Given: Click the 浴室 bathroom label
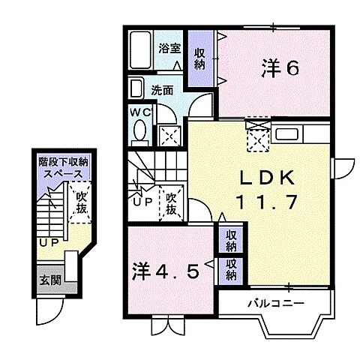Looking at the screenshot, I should point(169,47).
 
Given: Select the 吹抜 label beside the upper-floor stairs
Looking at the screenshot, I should point(171,202).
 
